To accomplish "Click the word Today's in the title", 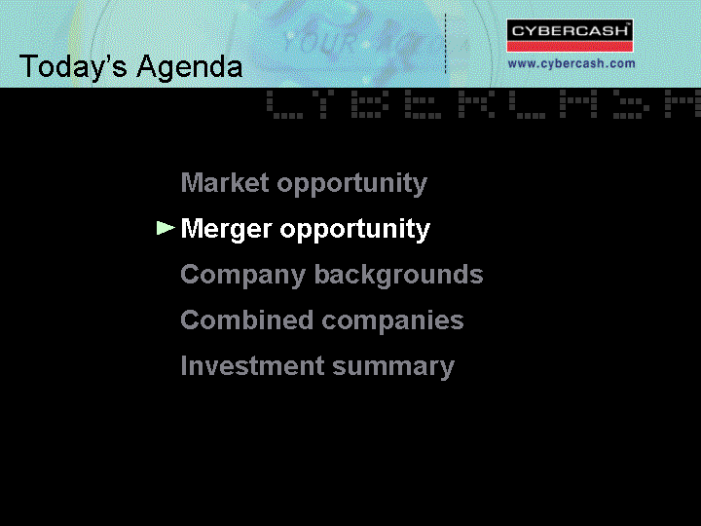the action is click(x=73, y=67).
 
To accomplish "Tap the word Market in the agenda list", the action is click(x=225, y=182).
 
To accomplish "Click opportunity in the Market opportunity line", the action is click(x=351, y=184).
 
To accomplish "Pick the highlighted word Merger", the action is click(x=227, y=230).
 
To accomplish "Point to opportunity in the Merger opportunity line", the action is click(x=355, y=230).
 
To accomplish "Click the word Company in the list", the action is click(x=243, y=275).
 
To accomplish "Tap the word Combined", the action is click(x=246, y=320).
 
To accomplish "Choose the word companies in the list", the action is click(x=392, y=321).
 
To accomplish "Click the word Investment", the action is click(x=252, y=366).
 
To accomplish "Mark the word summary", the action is click(x=393, y=367).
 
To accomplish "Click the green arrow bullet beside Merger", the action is click(x=165, y=228).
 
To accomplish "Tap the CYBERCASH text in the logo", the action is click(x=570, y=31).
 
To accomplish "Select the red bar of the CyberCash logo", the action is click(x=570, y=47).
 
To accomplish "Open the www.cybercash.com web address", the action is click(x=572, y=63).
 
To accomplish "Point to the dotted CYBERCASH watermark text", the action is click(x=483, y=104).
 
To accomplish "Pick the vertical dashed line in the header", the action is click(x=445, y=44).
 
